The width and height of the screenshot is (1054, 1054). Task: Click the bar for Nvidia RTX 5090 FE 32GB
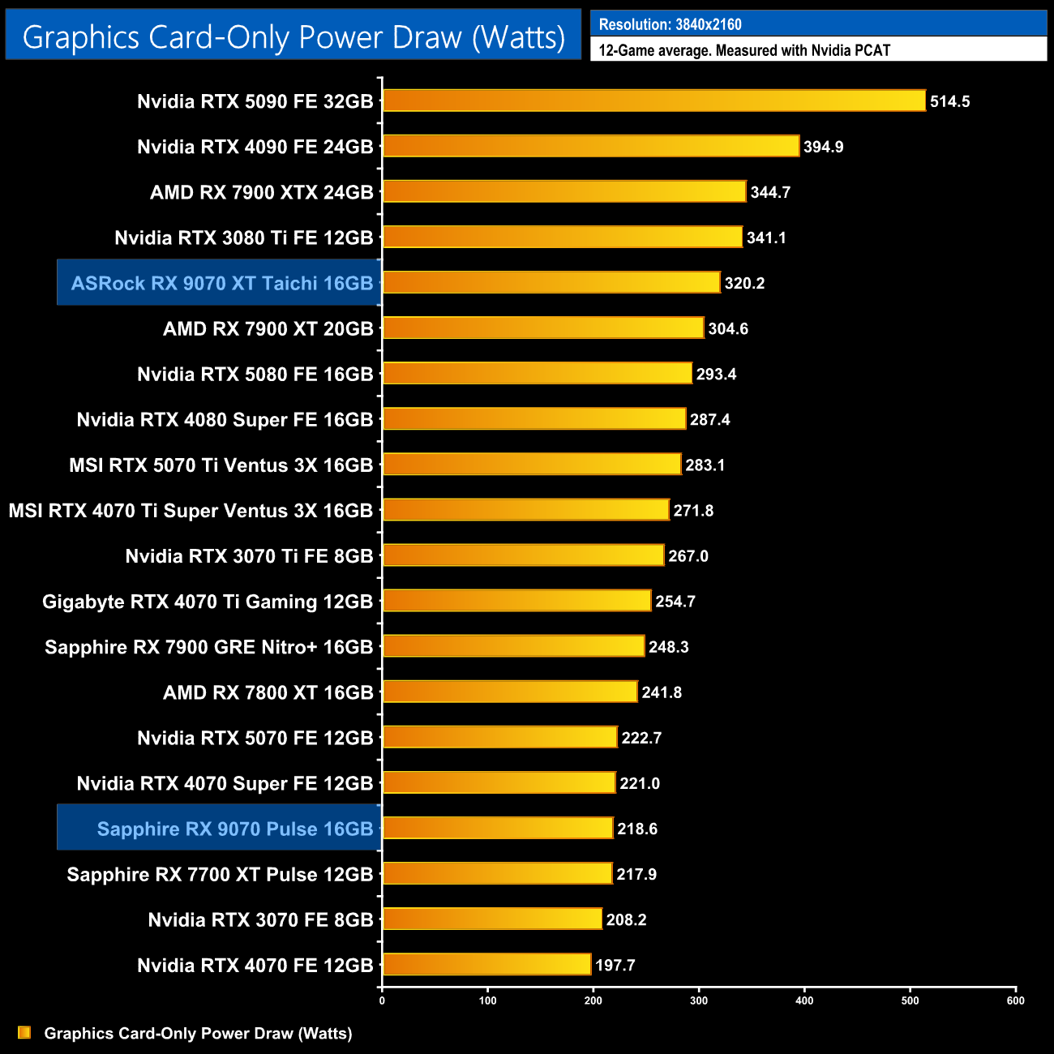point(653,101)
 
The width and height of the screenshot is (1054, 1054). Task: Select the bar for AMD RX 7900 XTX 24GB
point(564,191)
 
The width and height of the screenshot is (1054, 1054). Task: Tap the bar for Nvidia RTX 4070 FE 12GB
point(486,964)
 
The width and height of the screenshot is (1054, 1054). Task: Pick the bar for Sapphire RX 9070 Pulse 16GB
point(498,828)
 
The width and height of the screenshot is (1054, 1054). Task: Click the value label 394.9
point(823,147)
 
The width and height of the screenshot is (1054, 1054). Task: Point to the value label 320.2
point(744,283)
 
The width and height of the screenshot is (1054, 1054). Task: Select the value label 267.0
point(688,555)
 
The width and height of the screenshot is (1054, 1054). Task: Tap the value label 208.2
point(626,919)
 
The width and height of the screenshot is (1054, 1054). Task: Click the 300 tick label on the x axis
point(699,1000)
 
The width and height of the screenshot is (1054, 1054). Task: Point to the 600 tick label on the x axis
point(1015,1000)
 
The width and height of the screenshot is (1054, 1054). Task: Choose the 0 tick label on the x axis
point(382,1000)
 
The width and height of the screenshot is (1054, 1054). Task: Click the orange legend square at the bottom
point(24,1032)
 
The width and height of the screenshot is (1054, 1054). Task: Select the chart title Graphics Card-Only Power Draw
point(293,36)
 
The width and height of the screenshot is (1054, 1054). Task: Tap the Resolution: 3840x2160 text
point(670,24)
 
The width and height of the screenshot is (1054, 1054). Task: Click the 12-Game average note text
point(744,50)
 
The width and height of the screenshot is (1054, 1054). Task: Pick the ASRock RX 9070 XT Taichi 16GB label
point(221,283)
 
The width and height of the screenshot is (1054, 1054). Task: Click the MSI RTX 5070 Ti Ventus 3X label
point(221,465)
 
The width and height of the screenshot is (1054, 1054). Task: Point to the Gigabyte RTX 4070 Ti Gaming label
point(207,601)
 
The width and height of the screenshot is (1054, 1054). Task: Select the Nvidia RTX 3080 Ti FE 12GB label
point(243,238)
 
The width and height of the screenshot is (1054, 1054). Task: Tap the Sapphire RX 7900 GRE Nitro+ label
point(208,646)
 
